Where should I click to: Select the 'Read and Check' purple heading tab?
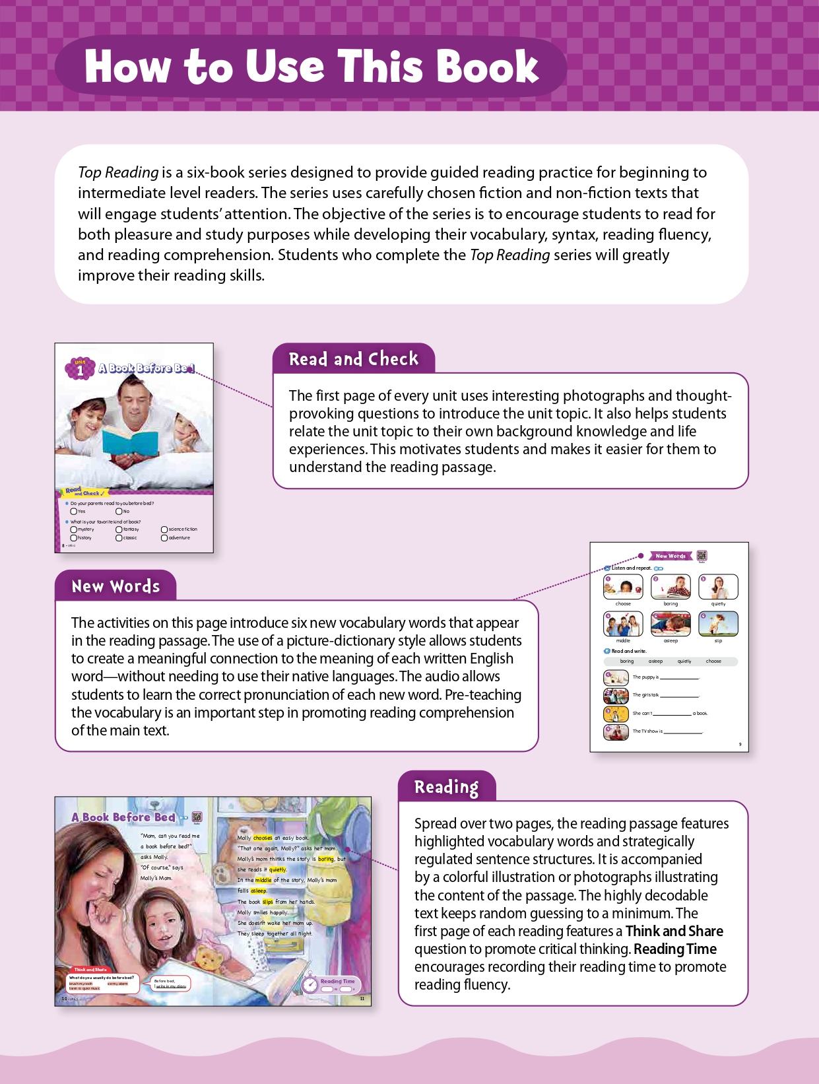(354, 359)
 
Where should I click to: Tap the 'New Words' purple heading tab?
(115, 586)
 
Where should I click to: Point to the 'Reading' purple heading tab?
(446, 787)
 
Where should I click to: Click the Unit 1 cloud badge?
(80, 369)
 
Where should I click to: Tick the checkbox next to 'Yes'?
(73, 512)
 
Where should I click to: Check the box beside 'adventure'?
(164, 538)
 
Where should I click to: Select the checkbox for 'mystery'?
(73, 529)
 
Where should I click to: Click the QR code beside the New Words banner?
(702, 556)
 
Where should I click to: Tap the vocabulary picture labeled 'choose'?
(623, 586)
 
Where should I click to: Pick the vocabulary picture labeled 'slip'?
(718, 623)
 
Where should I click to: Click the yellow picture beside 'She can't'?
(616, 714)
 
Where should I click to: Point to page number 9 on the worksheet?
(740, 745)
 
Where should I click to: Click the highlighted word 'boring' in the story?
(326, 859)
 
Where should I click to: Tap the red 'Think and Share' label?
(90, 970)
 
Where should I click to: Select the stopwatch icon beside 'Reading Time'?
(309, 984)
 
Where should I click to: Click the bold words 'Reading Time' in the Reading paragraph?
(675, 949)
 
